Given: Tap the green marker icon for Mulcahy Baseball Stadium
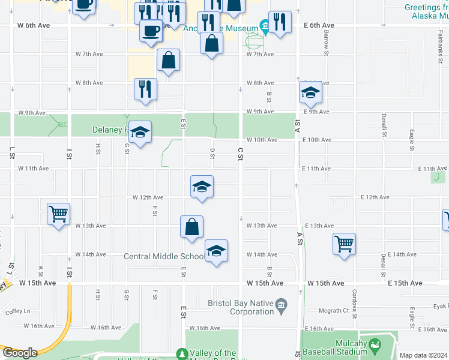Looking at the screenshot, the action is click(375, 345).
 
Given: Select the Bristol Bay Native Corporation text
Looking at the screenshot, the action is click(241, 307).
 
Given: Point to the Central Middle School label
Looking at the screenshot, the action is click(164, 257).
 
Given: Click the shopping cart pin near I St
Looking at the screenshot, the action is click(59, 214).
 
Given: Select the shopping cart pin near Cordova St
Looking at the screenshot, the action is click(345, 244).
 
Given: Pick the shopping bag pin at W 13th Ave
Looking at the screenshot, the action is click(191, 227).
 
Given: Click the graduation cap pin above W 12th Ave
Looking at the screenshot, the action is click(202, 187).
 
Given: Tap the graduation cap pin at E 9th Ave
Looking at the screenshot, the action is click(310, 92).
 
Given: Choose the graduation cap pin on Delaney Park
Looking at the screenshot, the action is click(140, 132).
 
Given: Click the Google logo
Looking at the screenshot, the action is click(19, 353).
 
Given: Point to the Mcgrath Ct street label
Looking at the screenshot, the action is click(334, 310).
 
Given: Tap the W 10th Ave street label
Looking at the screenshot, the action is click(262, 140).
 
